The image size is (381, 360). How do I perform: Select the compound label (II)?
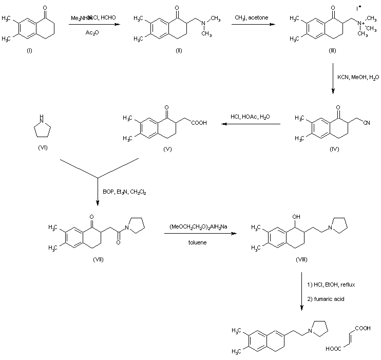point(163,51)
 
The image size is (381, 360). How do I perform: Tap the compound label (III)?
point(332,51)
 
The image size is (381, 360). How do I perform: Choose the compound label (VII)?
point(98,259)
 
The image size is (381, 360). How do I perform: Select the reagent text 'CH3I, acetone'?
point(251,18)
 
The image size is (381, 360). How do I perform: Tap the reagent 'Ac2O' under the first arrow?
point(93,32)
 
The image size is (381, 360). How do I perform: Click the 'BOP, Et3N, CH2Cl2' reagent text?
point(124,192)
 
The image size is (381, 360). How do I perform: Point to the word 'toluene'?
point(196,242)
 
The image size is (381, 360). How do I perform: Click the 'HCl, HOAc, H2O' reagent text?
point(249,117)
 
